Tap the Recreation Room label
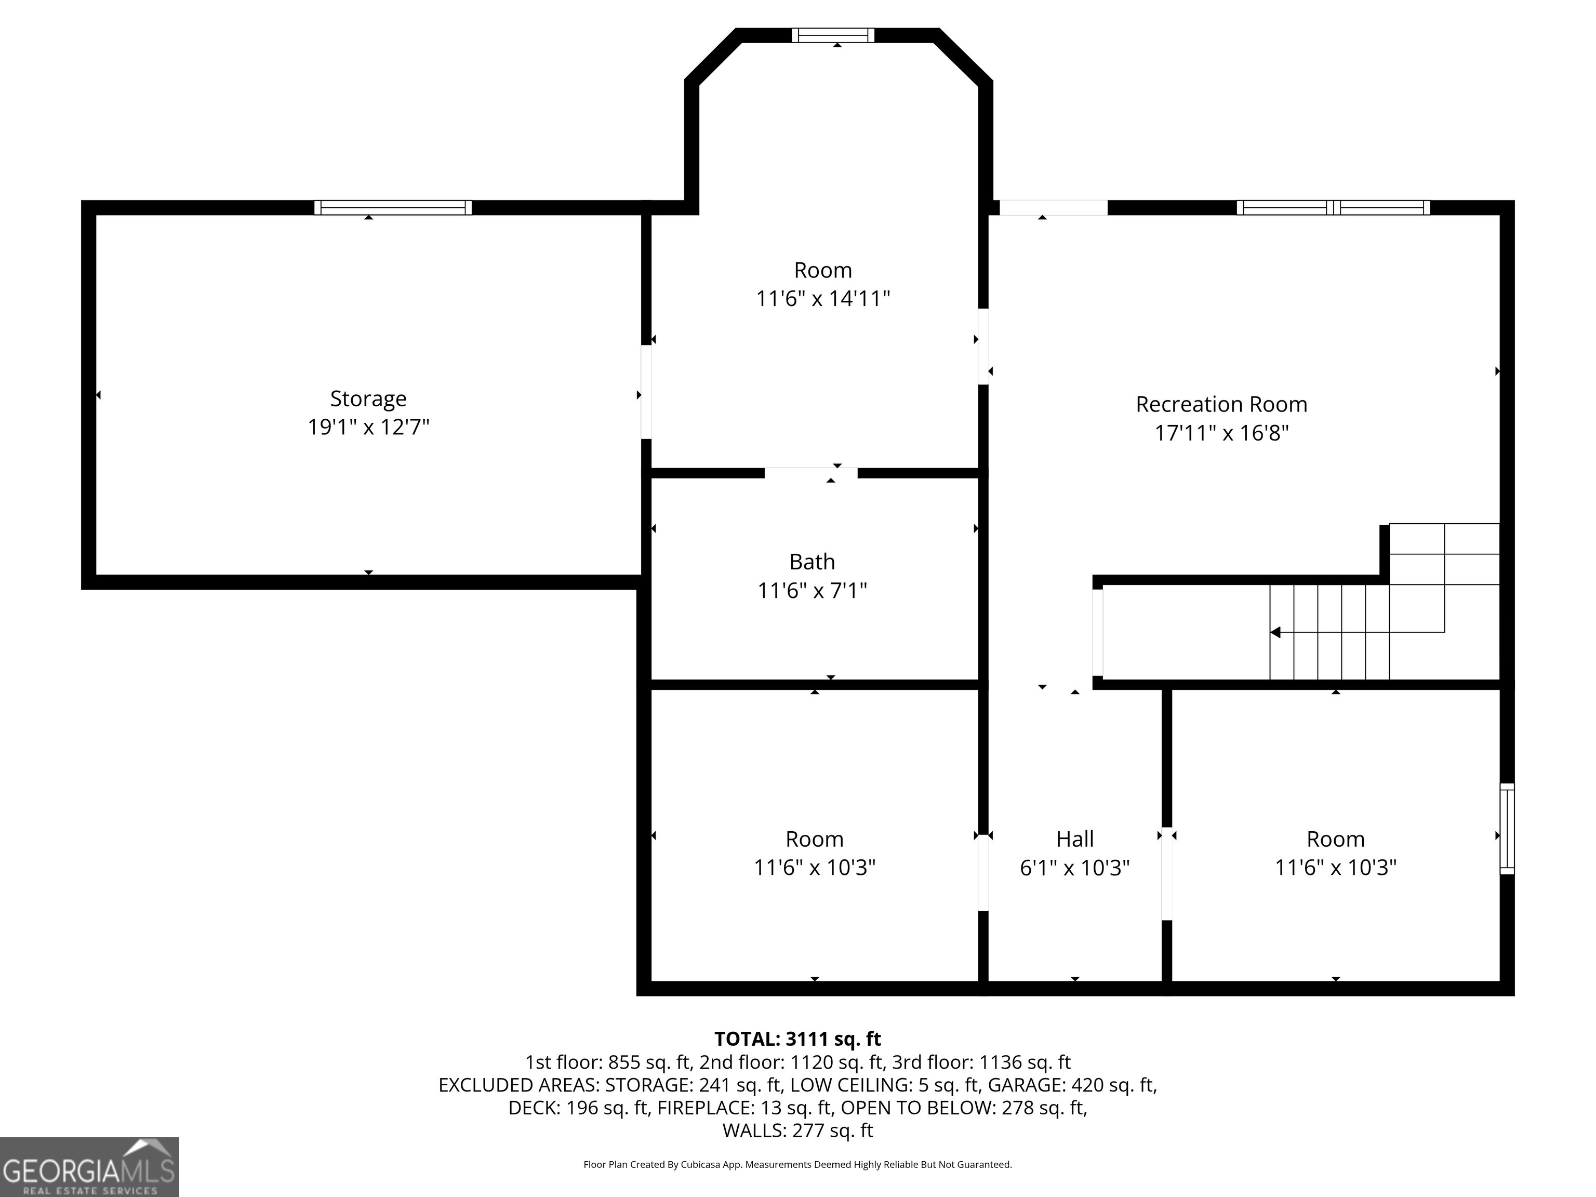(1221, 404)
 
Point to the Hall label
(1074, 839)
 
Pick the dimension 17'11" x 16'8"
(1221, 433)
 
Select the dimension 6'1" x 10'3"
(1074, 867)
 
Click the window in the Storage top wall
(393, 208)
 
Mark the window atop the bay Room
(833, 35)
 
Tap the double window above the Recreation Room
(1333, 208)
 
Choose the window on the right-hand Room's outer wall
(1507, 829)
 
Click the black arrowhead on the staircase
(1275, 633)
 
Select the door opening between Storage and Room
(646, 392)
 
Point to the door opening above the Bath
(811, 473)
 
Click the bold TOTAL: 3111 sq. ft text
(797, 1039)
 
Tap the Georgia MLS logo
(89, 1167)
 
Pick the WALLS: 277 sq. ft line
(797, 1130)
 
